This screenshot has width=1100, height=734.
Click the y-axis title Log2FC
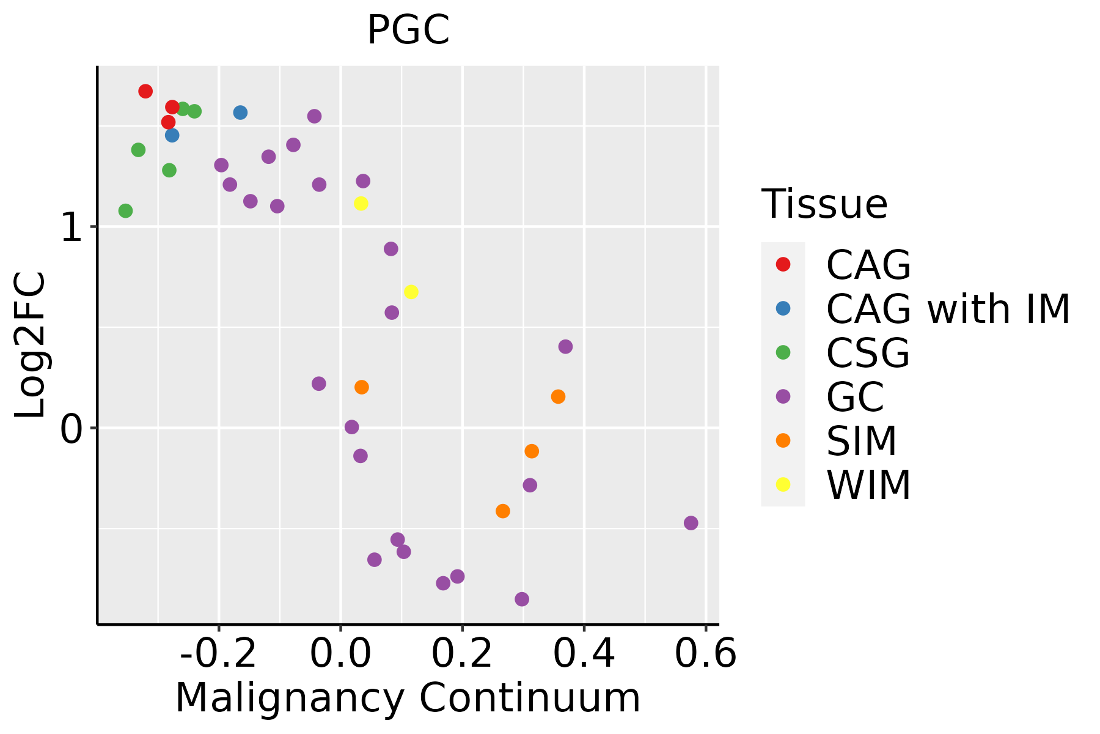click(31, 345)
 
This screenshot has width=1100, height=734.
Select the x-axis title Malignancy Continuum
click(408, 699)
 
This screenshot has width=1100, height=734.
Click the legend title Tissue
click(824, 204)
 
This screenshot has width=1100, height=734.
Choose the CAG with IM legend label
click(948, 309)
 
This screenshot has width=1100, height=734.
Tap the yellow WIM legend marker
click(783, 484)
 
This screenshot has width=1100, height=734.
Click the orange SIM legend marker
click(783, 440)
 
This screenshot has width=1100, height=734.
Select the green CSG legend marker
click(783, 352)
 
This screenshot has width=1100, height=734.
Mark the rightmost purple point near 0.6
click(691, 523)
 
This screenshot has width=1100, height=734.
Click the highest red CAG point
click(145, 91)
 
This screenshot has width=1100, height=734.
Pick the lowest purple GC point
click(522, 599)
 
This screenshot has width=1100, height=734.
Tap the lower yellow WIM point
click(411, 292)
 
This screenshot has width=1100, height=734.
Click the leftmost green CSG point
click(125, 211)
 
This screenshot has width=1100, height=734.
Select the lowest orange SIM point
click(503, 511)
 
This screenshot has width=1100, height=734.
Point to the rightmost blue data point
click(240, 113)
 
